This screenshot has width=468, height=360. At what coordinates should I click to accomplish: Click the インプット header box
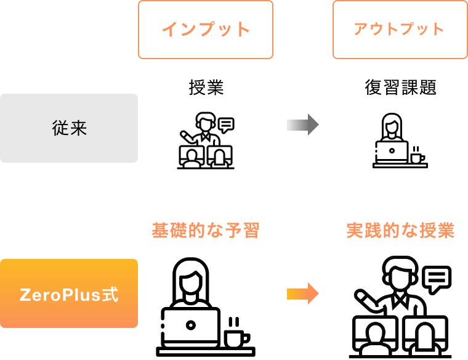pyautogui.click(x=206, y=30)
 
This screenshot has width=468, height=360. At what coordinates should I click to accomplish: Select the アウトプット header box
pyautogui.click(x=400, y=30)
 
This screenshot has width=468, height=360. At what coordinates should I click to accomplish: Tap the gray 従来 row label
pyautogui.click(x=69, y=128)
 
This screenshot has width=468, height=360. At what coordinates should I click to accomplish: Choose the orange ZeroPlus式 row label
pyautogui.click(x=69, y=294)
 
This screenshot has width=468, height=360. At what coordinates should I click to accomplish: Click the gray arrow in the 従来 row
pyautogui.click(x=302, y=125)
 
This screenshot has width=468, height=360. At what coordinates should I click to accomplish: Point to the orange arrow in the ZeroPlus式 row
pyautogui.click(x=302, y=293)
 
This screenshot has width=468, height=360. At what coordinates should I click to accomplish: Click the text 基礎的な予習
pyautogui.click(x=206, y=231)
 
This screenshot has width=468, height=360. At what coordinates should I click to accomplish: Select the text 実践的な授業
pyautogui.click(x=400, y=231)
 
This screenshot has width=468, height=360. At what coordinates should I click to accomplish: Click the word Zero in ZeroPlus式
pyautogui.click(x=38, y=295)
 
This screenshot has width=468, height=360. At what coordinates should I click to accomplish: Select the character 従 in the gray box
pyautogui.click(x=60, y=128)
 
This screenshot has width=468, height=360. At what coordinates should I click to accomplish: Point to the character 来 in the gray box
pyautogui.click(x=79, y=128)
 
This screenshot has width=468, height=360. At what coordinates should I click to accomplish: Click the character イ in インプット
pyautogui.click(x=169, y=30)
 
